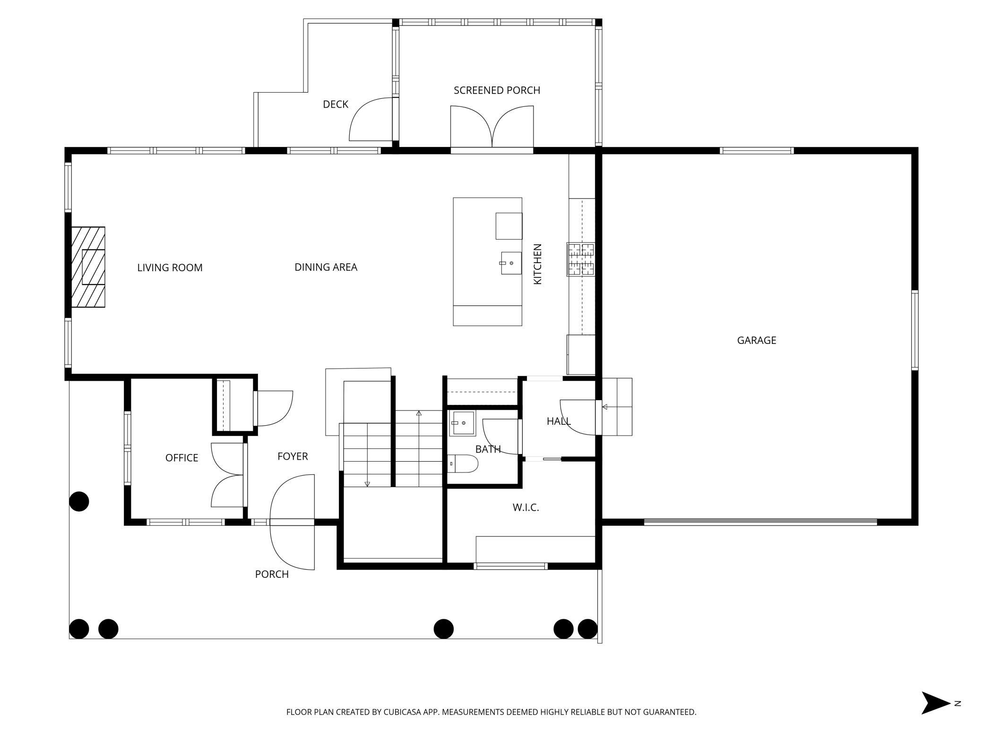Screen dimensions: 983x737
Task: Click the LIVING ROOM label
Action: (x=170, y=267)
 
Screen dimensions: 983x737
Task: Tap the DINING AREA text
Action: (x=326, y=267)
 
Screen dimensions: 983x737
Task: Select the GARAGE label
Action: (x=757, y=340)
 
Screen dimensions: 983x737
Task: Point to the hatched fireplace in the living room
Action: (x=88, y=267)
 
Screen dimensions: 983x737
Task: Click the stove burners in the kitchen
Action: (x=581, y=259)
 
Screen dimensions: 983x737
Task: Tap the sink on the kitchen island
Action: (x=510, y=263)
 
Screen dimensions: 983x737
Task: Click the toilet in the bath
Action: (x=463, y=463)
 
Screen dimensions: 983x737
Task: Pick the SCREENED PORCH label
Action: (x=497, y=90)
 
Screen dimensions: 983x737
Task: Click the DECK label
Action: (x=336, y=104)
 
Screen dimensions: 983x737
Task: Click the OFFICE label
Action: (x=181, y=458)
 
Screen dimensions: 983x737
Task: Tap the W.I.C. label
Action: (x=526, y=508)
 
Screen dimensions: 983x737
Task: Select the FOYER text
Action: (x=293, y=456)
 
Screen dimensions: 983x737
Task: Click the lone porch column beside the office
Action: (x=79, y=501)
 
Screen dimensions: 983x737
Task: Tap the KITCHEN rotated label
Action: (x=537, y=264)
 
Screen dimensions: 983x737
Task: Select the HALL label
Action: (x=559, y=421)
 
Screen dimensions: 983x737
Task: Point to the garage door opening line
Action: (x=760, y=522)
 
